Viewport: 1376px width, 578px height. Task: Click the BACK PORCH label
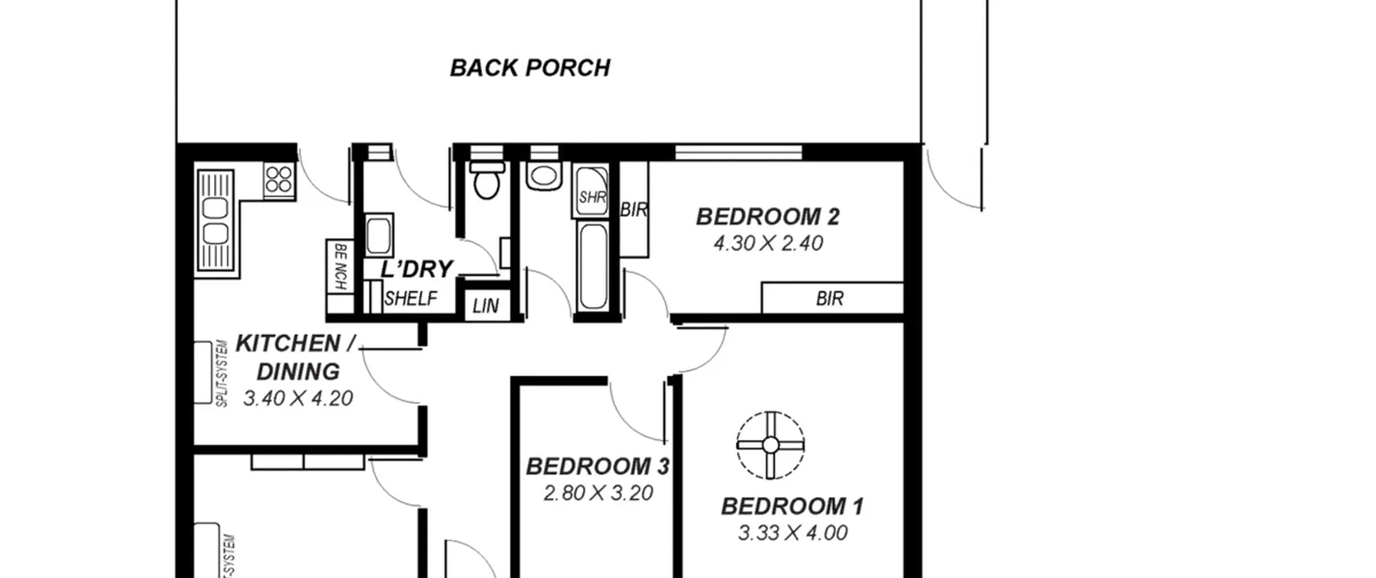tap(530, 68)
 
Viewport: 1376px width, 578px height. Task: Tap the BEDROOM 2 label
tap(768, 217)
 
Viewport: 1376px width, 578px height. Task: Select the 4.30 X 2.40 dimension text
tap(768, 244)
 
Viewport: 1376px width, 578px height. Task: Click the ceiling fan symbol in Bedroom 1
tap(770, 445)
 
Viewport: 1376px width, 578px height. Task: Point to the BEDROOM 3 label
tap(598, 466)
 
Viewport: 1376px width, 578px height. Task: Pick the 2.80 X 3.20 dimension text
tap(598, 493)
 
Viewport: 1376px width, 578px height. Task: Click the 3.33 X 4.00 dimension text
tap(793, 533)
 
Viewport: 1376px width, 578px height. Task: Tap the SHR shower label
tap(592, 197)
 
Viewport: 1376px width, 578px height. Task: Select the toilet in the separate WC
tap(487, 180)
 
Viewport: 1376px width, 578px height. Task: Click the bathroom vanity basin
tap(544, 175)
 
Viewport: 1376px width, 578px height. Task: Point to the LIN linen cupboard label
tap(486, 306)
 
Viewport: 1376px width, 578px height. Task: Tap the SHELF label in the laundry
tap(411, 298)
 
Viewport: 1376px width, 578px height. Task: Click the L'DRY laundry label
tap(417, 269)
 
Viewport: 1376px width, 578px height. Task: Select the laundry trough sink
tap(379, 236)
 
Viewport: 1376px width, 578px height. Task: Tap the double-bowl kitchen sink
tap(216, 220)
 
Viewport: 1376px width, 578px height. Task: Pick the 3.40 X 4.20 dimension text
tap(298, 398)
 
